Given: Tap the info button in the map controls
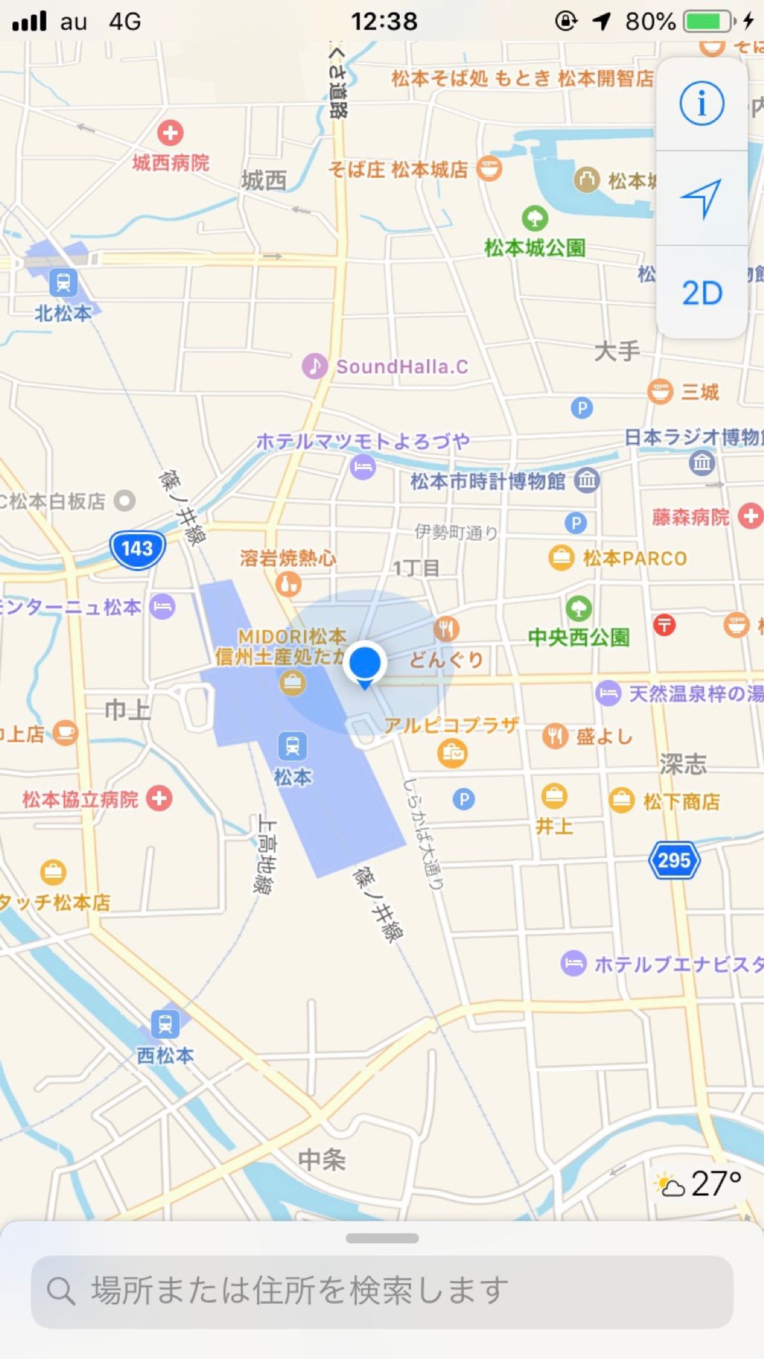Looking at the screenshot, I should (702, 103).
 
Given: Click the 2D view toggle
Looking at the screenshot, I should (702, 294).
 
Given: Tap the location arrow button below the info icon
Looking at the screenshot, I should (702, 198).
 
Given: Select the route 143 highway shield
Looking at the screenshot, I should (138, 549).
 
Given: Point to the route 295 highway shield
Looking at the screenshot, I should (674, 860).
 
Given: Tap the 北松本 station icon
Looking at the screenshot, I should (63, 282).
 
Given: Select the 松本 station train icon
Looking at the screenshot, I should (292, 746).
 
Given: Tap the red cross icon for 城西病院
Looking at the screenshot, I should (170, 133).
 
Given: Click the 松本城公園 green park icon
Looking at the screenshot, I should (535, 218).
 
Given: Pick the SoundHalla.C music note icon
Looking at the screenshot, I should (315, 366).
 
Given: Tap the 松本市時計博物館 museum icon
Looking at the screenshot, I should (587, 480).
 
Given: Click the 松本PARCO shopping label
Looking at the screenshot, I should (635, 559).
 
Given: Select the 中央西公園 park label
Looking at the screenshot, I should (579, 637).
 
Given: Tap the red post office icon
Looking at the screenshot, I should (664, 625).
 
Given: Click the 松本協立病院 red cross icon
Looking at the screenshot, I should (159, 799).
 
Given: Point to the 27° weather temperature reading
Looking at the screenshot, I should (716, 1185).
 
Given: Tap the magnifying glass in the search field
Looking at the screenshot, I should (61, 1291).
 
